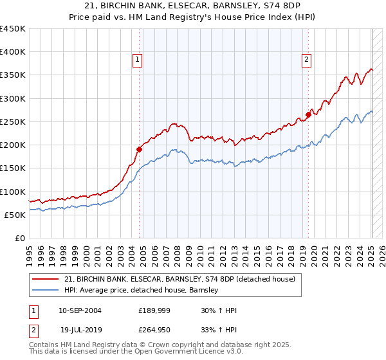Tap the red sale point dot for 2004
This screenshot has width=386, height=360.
coord(139,149)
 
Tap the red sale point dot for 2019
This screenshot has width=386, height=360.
coord(308,114)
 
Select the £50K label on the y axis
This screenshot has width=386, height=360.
coord(15,215)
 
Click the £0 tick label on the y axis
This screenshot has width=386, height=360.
coord(21,238)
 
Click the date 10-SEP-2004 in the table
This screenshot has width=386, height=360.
coord(80,310)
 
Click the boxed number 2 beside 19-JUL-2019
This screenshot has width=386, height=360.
coord(33,331)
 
